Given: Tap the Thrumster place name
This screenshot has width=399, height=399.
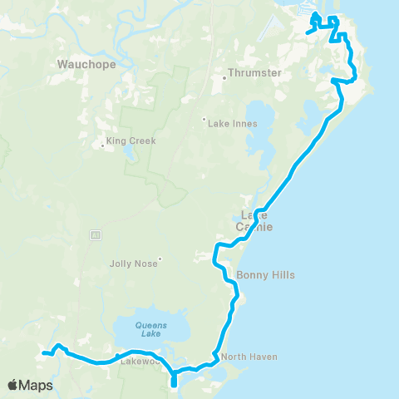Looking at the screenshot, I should (255, 73).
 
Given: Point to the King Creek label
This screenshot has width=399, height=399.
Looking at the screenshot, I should (131, 141).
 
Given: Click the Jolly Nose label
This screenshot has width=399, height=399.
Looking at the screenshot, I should (133, 264).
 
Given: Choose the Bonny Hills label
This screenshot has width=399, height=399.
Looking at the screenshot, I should (265, 274).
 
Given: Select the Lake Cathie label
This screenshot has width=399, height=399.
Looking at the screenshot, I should (257, 221).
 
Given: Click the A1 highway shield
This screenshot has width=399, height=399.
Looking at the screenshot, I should (96, 235).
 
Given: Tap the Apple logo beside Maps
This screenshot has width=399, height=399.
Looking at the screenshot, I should (13, 385).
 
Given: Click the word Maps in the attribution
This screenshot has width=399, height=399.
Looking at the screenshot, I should (37, 385).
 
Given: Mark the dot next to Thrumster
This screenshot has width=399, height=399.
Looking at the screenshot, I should (224, 80).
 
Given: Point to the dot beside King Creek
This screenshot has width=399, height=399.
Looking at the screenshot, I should (102, 147).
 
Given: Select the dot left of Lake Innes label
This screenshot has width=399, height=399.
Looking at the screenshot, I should (204, 118).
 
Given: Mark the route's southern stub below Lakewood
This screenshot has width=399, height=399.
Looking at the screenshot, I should (174, 382).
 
